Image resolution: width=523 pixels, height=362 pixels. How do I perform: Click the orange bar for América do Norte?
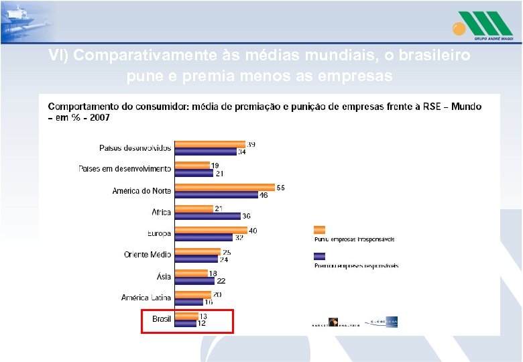[225, 187]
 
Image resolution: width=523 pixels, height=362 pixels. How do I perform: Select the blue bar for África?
[207, 216]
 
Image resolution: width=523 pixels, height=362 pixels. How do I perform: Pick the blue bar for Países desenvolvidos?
[206, 152]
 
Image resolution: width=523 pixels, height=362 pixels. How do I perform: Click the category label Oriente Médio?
[148, 255]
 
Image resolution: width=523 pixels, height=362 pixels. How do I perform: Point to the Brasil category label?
[162, 319]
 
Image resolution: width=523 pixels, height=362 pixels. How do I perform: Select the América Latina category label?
[146, 298]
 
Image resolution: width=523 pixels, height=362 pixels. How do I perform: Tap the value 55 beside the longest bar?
[280, 187]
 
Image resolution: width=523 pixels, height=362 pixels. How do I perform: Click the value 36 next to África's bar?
[247, 216]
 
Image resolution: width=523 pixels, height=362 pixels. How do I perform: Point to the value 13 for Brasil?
[203, 316]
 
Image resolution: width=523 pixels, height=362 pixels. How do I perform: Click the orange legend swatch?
[319, 230]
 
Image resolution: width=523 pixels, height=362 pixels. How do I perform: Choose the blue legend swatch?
[319, 256]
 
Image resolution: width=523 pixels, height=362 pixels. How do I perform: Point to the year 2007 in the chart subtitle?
[101, 117]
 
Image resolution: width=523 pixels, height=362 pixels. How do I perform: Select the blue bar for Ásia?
[194, 280]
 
